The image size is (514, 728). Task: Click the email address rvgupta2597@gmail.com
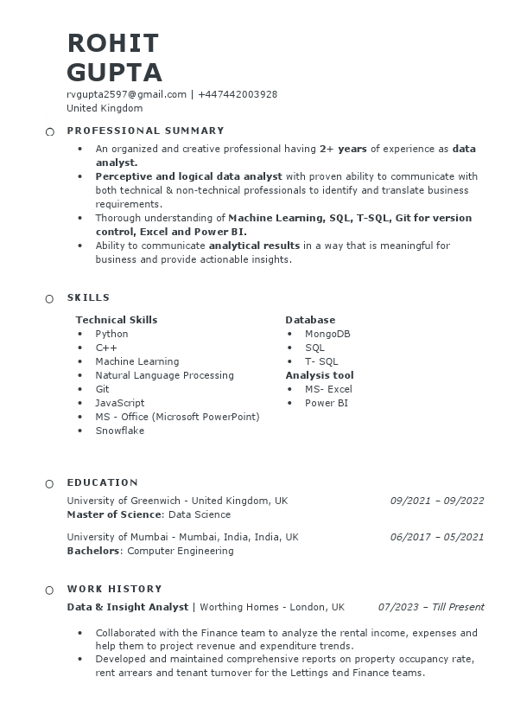[x=126, y=94]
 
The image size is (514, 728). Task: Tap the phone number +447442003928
[x=238, y=94]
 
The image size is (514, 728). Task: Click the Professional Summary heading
[x=145, y=131]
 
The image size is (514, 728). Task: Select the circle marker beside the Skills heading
[x=49, y=298]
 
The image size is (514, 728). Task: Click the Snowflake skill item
[x=119, y=431]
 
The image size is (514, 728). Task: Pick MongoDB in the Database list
[x=327, y=334]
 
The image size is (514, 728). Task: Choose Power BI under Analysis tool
[x=327, y=403]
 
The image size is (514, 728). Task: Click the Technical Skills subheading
[x=117, y=320]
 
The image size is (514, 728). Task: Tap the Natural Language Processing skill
[x=164, y=375]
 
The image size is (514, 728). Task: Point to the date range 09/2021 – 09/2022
[x=437, y=501]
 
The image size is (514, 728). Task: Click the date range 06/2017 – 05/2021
[x=437, y=537]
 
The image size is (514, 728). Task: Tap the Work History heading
[x=114, y=589]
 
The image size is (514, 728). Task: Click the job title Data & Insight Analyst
[x=128, y=607]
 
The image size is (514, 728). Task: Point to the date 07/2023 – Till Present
[x=431, y=607]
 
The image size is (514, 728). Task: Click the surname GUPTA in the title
[x=114, y=71]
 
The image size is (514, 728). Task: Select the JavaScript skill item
[x=119, y=403]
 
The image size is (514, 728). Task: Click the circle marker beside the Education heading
[x=49, y=483]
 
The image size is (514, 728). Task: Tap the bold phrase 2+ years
[x=343, y=149]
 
